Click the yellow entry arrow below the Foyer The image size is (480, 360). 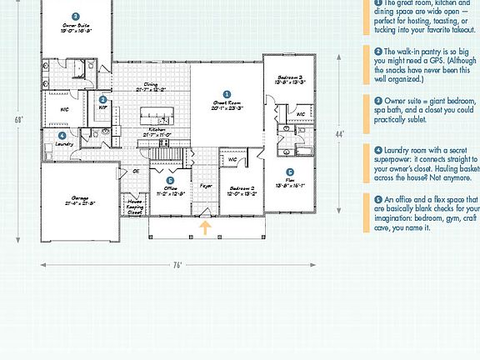click(x=203, y=227)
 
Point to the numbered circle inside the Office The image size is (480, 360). click(x=169, y=180)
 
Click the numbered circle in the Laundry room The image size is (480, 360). click(x=62, y=135)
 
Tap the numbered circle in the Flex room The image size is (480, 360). click(x=290, y=172)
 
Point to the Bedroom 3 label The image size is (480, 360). click(x=289, y=80)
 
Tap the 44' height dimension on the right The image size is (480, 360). click(x=339, y=133)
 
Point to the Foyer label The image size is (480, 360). click(x=206, y=185)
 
